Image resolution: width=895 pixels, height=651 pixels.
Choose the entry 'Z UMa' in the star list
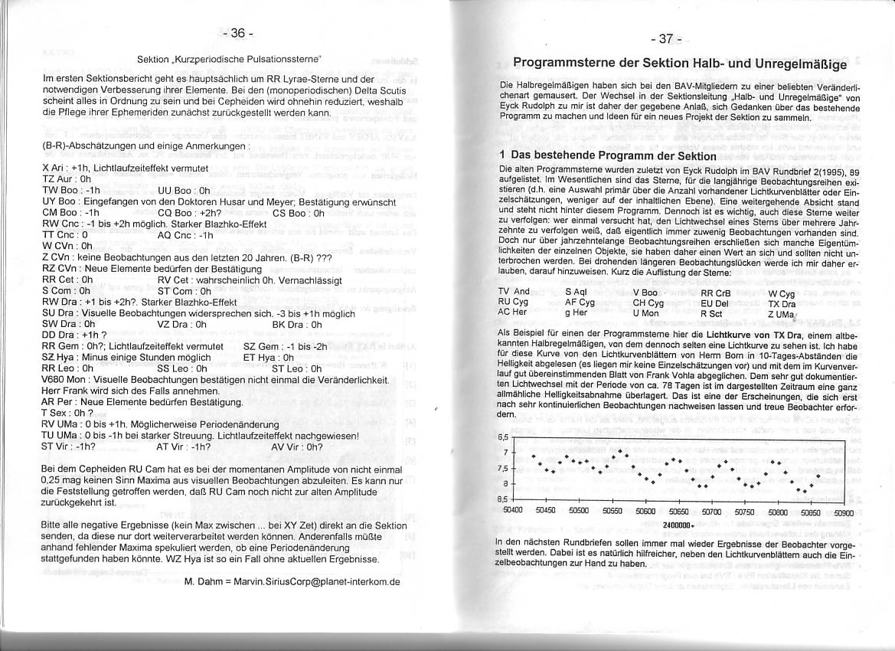pos(780,313)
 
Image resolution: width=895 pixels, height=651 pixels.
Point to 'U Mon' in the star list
pos(645,313)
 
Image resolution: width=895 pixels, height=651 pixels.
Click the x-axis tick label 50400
pos(512,510)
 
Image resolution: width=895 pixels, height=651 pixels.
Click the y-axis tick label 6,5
pos(504,437)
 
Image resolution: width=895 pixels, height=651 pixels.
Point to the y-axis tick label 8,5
pos(504,499)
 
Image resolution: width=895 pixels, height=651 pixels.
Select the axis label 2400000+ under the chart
pos(678,525)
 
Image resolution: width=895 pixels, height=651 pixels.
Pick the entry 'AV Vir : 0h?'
pos(298,447)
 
